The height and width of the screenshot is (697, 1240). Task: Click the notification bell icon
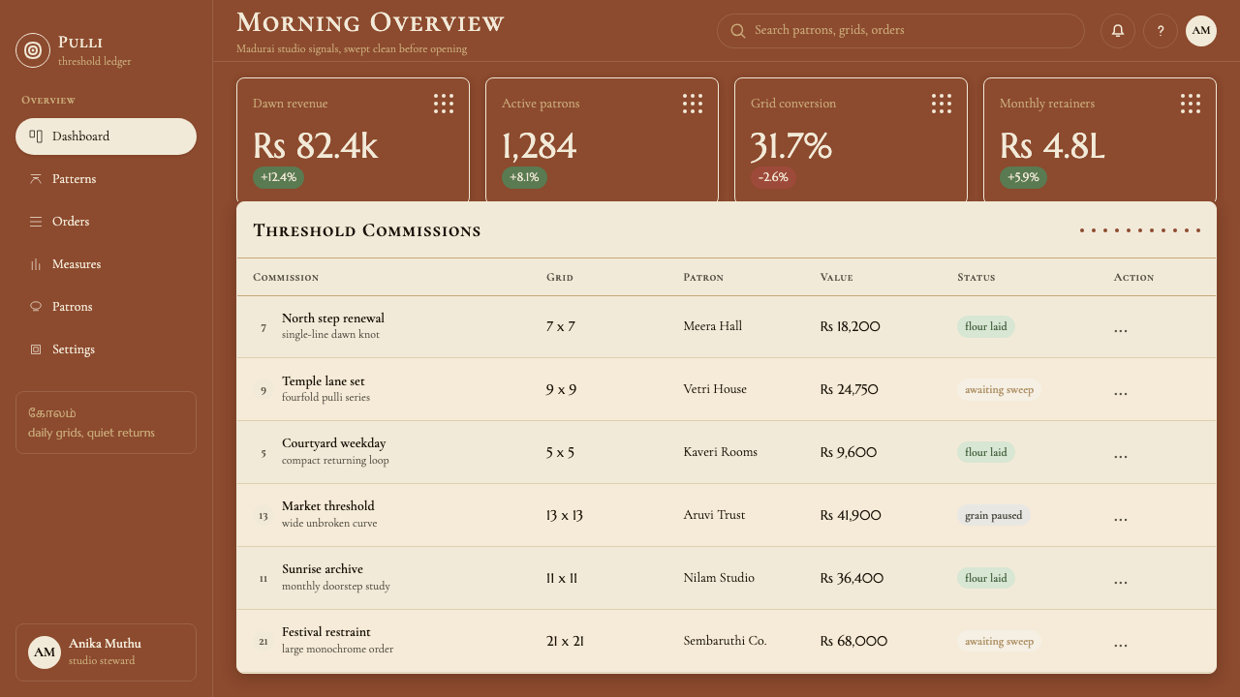pyautogui.click(x=1118, y=30)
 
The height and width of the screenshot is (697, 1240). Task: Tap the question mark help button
pyautogui.click(x=1161, y=30)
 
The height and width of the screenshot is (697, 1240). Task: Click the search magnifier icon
pyautogui.click(x=737, y=30)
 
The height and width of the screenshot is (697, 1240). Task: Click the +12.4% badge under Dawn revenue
pyautogui.click(x=278, y=177)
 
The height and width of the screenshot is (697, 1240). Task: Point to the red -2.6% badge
pyautogui.click(x=773, y=177)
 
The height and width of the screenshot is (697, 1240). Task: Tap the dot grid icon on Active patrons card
pyautogui.click(x=693, y=104)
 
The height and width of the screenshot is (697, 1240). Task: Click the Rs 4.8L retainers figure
pyautogui.click(x=1052, y=146)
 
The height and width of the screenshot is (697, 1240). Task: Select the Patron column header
pyautogui.click(x=703, y=277)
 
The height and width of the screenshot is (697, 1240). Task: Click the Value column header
pyautogui.click(x=836, y=277)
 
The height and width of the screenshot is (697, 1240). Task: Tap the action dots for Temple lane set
pyautogui.click(x=1121, y=392)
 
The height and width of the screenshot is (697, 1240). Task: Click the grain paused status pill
pyautogui.click(x=994, y=515)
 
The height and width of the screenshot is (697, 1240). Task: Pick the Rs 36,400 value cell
pyautogui.click(x=852, y=578)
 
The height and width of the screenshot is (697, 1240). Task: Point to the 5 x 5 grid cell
pyautogui.click(x=560, y=452)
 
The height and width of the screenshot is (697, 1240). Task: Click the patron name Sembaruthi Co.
pyautogui.click(x=725, y=641)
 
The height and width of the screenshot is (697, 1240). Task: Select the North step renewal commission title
pyautogui.click(x=332, y=318)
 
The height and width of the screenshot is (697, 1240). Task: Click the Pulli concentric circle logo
pyautogui.click(x=33, y=50)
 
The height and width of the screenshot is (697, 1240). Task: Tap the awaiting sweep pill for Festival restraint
pyautogui.click(x=999, y=641)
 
